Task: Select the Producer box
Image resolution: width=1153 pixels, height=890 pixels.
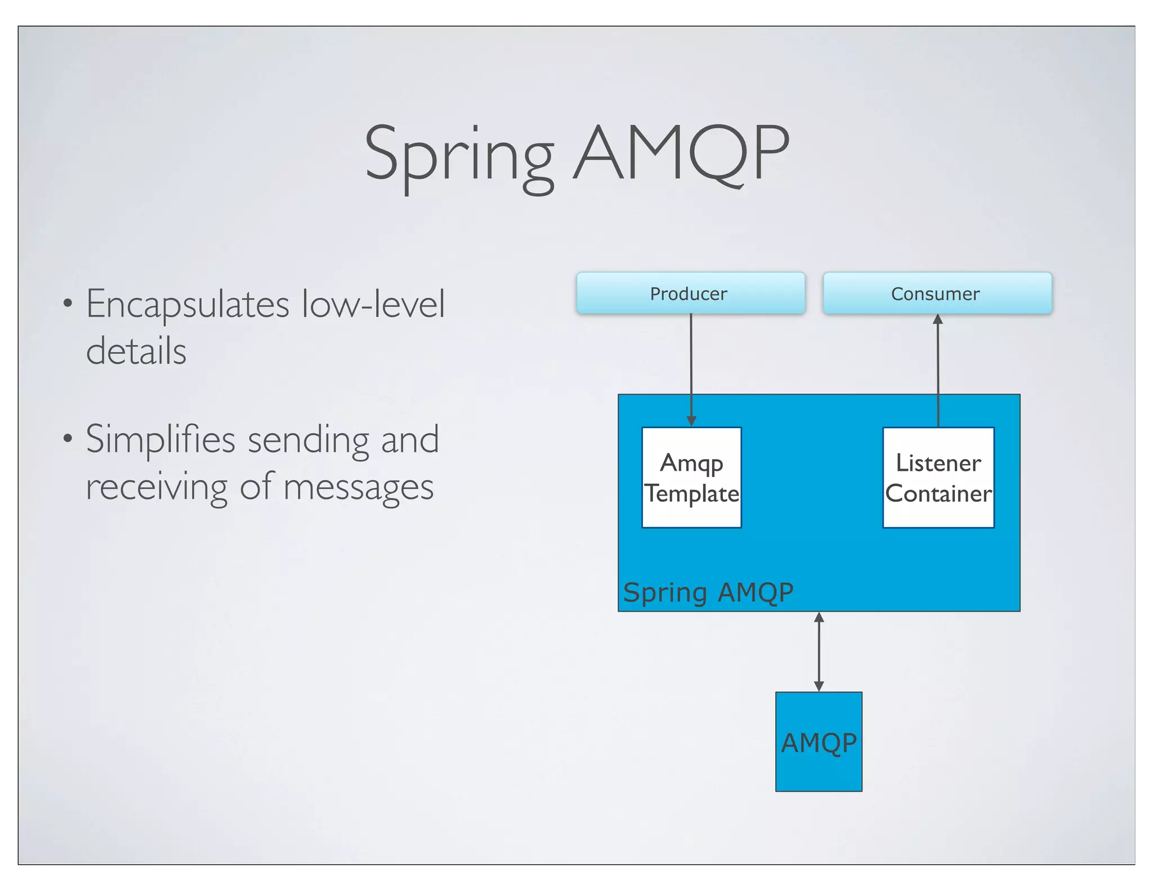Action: [x=690, y=293]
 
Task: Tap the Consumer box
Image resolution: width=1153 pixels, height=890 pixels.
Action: [x=937, y=293]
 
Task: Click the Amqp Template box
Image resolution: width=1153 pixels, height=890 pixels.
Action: [x=691, y=478]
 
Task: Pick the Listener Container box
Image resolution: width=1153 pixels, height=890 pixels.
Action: [x=938, y=478]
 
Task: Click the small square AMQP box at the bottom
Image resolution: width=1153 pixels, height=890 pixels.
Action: [x=819, y=741]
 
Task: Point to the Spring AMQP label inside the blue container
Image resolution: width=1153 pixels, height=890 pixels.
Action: [x=708, y=592]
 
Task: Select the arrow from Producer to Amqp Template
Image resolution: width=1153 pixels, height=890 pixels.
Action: [x=691, y=366]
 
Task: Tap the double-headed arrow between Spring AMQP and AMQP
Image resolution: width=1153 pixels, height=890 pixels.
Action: [x=819, y=651]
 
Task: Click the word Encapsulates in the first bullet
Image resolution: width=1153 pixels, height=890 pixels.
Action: [x=187, y=304]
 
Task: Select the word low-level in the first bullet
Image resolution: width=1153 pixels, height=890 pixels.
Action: [x=373, y=304]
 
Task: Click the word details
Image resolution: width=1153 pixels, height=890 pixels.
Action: [x=136, y=351]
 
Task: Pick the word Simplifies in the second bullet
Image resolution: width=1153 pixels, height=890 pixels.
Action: [x=160, y=439]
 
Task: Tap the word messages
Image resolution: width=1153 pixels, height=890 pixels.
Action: [x=358, y=487]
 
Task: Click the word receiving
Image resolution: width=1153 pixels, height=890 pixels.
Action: [x=156, y=487]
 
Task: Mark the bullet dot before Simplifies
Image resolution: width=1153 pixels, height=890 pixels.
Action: [x=68, y=438]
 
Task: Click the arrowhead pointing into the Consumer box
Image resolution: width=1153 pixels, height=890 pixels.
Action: [x=938, y=319]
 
